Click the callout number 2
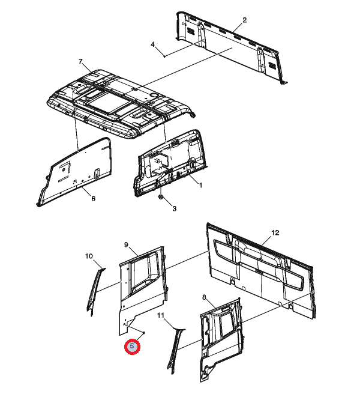point(245,20)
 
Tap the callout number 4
point(153,44)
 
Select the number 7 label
point(80,61)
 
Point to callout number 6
point(94,199)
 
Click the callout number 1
point(200,186)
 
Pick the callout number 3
point(174,208)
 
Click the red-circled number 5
point(132,347)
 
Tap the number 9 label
point(126,244)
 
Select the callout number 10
point(89,256)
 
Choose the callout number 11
point(161,315)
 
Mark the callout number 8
point(204,297)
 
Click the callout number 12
point(275,232)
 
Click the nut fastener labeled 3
point(161,196)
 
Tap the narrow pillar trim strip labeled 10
point(95,291)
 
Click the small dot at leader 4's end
point(164,56)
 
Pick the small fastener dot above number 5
point(143,333)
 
